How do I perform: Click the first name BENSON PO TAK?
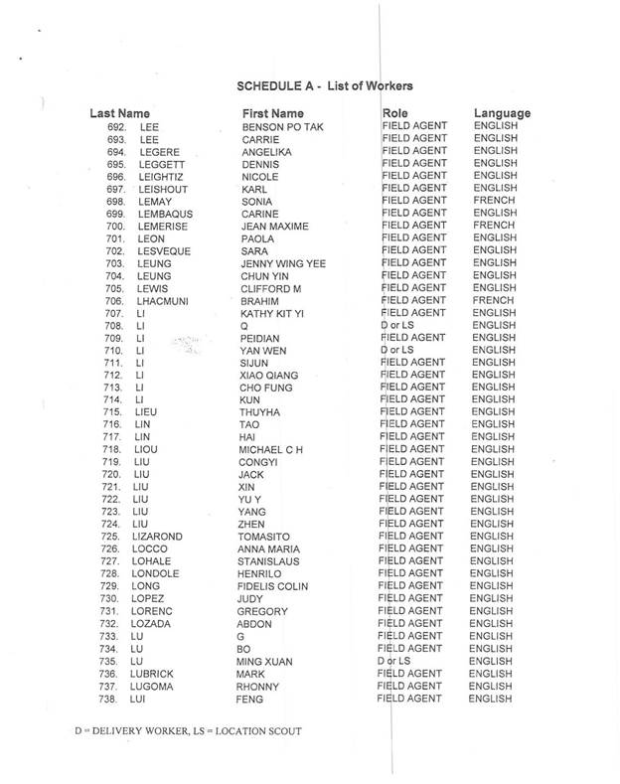[x=281, y=128]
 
